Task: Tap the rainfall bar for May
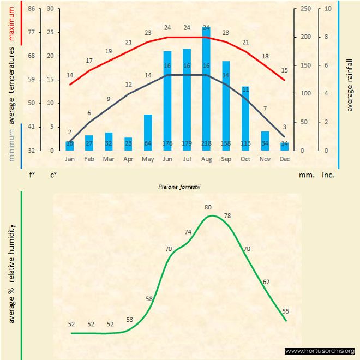coord(148,131)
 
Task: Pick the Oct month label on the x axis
coord(245,159)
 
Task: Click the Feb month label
coord(89,159)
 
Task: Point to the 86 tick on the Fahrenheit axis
coord(32,9)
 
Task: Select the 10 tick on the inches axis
coord(327,9)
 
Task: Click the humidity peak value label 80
coord(208,207)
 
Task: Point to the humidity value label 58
coord(149,298)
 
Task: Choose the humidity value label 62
coord(266,282)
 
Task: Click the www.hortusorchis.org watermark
coord(320,351)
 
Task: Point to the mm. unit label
coord(305,175)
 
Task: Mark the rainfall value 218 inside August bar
coord(206,143)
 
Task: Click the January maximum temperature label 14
coord(70,75)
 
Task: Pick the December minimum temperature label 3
coord(285,127)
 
